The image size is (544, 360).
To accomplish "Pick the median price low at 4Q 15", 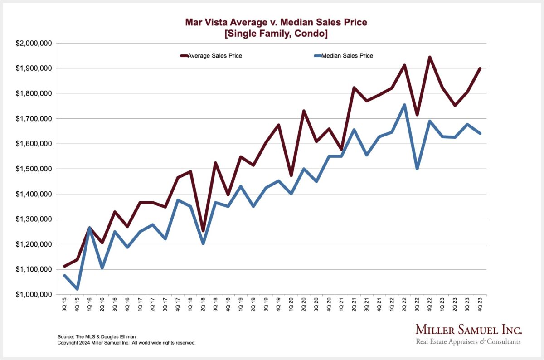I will [x=78, y=289].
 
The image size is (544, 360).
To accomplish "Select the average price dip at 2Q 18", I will [x=203, y=231].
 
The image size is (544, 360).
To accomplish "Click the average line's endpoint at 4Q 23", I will [x=480, y=68].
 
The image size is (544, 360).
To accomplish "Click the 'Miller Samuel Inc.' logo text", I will [x=469, y=330].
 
